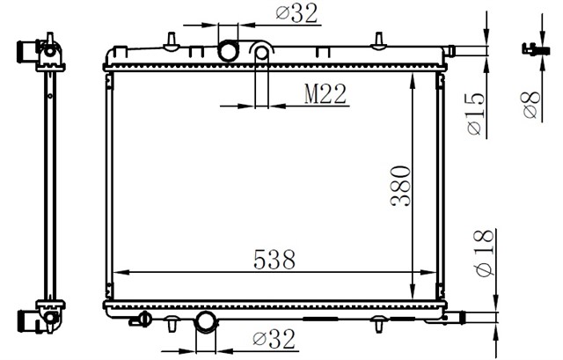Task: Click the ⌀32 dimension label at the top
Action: (x=296, y=13)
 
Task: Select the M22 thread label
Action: (x=324, y=94)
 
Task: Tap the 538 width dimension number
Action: (x=274, y=260)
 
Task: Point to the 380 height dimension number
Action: (x=400, y=187)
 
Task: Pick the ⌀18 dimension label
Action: (x=477, y=252)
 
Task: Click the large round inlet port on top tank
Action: (x=229, y=51)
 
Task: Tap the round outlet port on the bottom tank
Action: (x=205, y=322)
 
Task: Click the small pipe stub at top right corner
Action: (x=449, y=50)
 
